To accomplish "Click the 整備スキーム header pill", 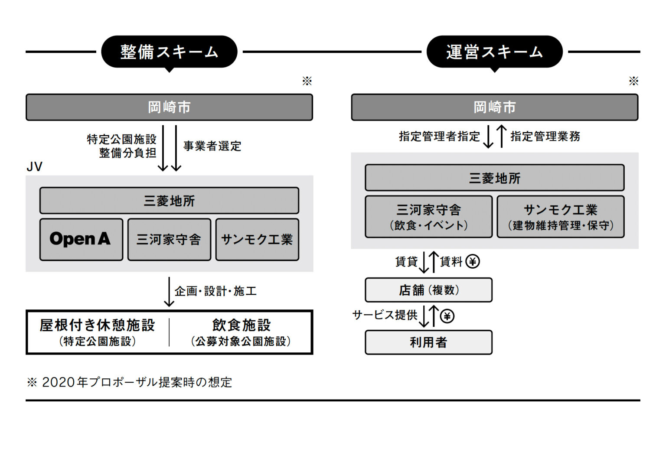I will tap(169, 52).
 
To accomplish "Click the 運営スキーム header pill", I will tap(494, 52).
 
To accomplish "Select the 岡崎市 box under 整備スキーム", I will tap(169, 107).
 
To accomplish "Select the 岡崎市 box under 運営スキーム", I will tap(494, 107).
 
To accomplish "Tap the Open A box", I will tap(81, 239).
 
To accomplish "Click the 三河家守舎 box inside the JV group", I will tap(169, 239).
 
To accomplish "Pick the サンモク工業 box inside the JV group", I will tap(257, 239).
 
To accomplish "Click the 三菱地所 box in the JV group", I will tap(169, 201).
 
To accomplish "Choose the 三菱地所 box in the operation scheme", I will tap(494, 178).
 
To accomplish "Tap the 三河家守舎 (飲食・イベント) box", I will tap(428, 217).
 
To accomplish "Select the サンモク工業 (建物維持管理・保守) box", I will tap(560, 217).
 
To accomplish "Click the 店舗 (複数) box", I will tap(428, 290).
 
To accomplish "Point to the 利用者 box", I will tap(428, 342).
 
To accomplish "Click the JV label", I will tap(35, 167).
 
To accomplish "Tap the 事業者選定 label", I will tap(212, 146).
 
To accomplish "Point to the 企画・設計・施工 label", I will tap(215, 291).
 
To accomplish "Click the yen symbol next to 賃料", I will tap(473, 261).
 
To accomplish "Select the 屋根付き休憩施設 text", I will tap(98, 325).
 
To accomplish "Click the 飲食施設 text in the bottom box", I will tap(242, 325).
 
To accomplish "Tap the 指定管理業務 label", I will tap(545, 137).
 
